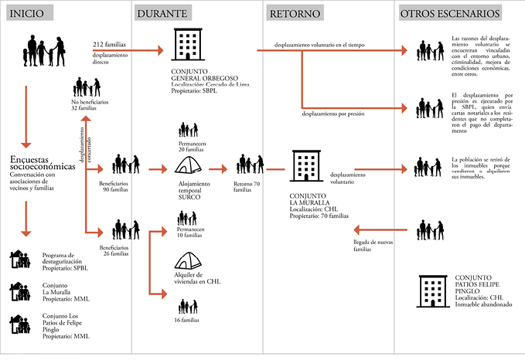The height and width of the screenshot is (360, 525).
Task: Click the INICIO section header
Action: coord(28,13)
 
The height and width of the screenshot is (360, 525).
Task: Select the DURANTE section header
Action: coord(162,13)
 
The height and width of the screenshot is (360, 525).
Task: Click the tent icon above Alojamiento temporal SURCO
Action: coord(190,165)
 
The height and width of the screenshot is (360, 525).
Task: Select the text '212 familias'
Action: coord(108,46)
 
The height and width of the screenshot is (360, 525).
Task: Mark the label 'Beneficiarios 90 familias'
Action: coord(117,188)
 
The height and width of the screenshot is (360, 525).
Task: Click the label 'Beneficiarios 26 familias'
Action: coord(116,250)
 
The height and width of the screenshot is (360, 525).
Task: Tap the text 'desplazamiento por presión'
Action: coord(333,114)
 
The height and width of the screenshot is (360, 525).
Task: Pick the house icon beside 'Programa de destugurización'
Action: coord(19,260)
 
